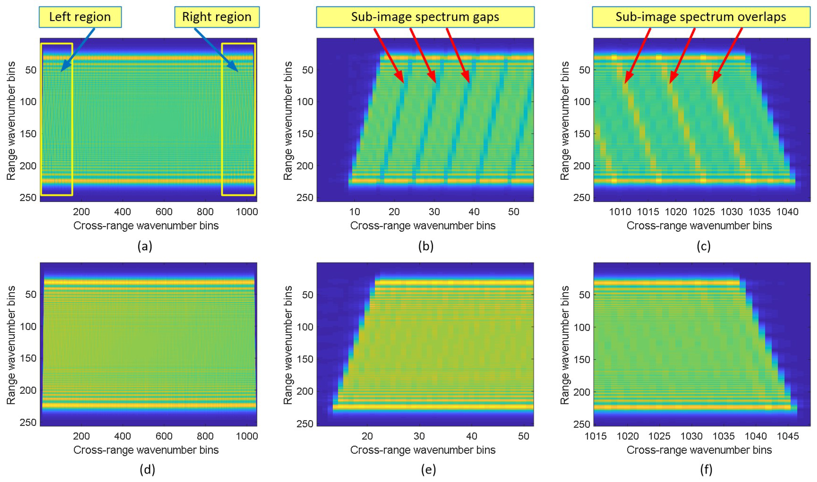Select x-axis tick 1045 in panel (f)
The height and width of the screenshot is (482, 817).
coord(787,436)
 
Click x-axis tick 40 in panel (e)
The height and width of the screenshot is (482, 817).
coord(472,436)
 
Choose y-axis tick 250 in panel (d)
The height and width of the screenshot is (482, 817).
coord(28,422)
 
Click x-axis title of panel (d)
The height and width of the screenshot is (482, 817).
coord(146,450)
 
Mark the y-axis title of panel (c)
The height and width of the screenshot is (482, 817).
coord(565,121)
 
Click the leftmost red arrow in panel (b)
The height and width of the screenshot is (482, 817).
coord(389,55)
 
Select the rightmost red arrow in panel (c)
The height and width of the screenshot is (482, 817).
coord(727,55)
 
